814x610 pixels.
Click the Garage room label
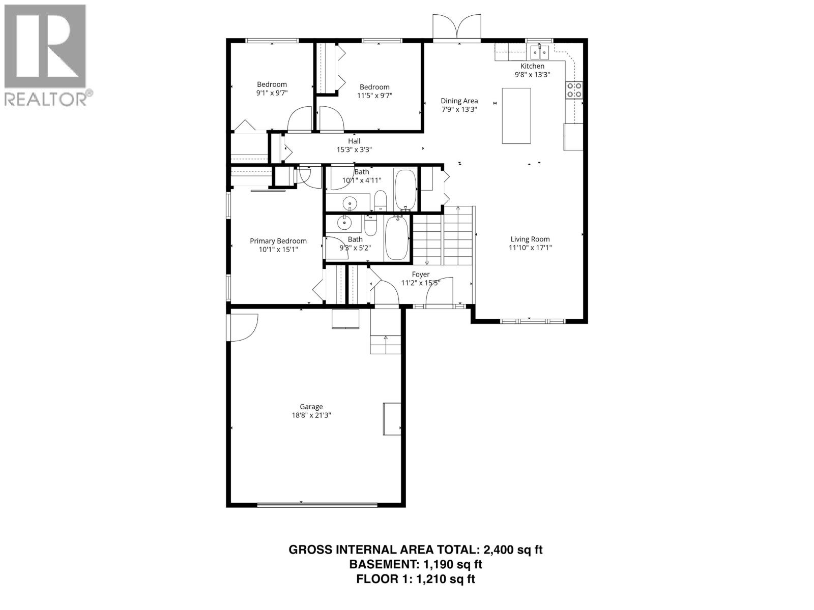[311, 407]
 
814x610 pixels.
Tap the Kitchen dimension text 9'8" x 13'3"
[532, 75]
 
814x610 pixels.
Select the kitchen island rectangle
[516, 116]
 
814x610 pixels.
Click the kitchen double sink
[539, 51]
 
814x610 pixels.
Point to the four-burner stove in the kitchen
[574, 90]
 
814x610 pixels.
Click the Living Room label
[530, 239]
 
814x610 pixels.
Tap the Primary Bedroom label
[278, 241]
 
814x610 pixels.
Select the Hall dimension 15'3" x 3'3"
[354, 150]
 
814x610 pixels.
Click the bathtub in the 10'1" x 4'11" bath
[405, 189]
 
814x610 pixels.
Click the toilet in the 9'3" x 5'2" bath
[370, 226]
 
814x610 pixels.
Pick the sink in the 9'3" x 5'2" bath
[345, 222]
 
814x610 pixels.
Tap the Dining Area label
[459, 101]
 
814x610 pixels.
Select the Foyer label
[420, 274]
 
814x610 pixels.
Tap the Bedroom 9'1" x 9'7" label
[272, 84]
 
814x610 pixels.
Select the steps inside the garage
[386, 343]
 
